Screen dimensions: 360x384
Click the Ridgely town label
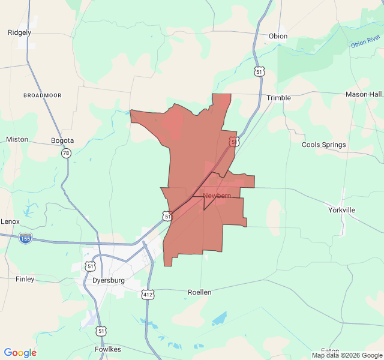coord(19,32)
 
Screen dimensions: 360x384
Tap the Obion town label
coord(278,36)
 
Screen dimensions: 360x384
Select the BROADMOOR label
coord(43,95)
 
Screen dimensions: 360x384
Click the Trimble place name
coord(278,98)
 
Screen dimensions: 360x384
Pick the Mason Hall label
coord(364,94)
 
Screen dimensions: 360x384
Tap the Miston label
coord(17,139)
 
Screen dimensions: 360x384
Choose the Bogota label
coord(62,140)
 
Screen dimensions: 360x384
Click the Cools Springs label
coord(323,145)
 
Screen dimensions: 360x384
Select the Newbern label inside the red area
coord(217,196)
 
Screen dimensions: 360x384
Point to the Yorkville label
coord(341,210)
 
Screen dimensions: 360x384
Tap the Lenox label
coord(10,221)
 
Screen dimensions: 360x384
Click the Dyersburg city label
coord(109,280)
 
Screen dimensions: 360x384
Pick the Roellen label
coord(199,292)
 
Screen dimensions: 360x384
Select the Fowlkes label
coord(107,349)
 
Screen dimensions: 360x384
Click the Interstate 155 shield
coord(25,238)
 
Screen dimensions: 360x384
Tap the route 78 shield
coord(65,154)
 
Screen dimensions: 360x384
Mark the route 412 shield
coord(148,294)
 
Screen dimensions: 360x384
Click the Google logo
coord(20,353)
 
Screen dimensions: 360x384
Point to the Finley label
coord(25,279)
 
